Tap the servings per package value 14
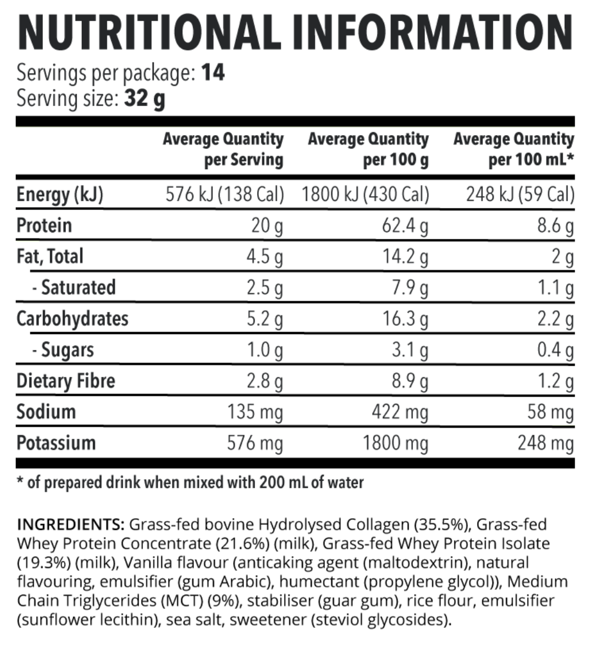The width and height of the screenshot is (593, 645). tap(212, 74)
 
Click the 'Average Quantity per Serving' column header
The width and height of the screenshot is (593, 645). tap(223, 149)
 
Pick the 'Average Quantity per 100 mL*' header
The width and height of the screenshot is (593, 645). tap(513, 149)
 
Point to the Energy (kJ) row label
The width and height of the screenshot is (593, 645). tap(59, 194)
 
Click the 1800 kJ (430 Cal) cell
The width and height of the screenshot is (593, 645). tap(365, 194)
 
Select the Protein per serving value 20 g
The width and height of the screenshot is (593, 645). tap(266, 226)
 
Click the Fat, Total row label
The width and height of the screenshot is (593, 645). tap(51, 257)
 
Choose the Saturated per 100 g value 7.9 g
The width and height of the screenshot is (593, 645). tap(413, 288)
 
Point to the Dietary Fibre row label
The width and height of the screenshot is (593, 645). tap(66, 381)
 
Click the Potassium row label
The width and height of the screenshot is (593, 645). tap(56, 444)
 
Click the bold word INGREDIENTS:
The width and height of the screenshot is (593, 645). tap(72, 525)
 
